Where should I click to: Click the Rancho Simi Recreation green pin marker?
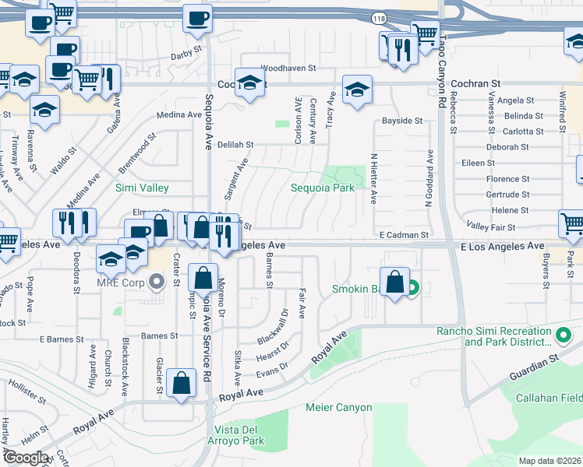tap(564, 336)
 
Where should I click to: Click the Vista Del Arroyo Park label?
tap(238, 436)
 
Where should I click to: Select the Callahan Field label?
tap(550, 398)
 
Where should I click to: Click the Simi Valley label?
tap(142, 188)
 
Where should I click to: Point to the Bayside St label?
tap(401, 121)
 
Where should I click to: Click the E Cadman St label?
tap(404, 234)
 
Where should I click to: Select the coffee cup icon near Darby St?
tap(197, 18)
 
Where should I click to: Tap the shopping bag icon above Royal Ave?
tap(182, 383)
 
